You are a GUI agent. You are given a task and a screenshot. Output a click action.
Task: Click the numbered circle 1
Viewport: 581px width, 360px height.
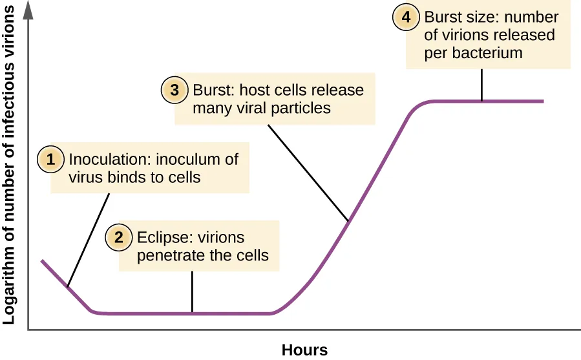(x=50, y=159)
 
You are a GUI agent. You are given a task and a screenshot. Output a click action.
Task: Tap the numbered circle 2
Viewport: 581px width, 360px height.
(x=119, y=237)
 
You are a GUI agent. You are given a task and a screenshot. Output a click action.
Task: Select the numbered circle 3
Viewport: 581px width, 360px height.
(x=174, y=90)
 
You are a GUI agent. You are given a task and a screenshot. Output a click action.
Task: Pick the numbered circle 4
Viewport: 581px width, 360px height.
(x=406, y=17)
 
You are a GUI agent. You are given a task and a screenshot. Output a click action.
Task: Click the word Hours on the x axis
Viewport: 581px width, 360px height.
(x=304, y=350)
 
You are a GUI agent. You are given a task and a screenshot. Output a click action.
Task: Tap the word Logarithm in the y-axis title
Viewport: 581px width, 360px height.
(x=9, y=291)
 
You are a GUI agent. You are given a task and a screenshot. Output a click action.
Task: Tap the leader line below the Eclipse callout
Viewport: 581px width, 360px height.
(x=192, y=291)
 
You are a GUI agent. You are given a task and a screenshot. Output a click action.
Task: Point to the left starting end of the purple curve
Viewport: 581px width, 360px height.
(x=43, y=260)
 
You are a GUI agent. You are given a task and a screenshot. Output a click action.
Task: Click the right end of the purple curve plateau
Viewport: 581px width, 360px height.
(x=542, y=101)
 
